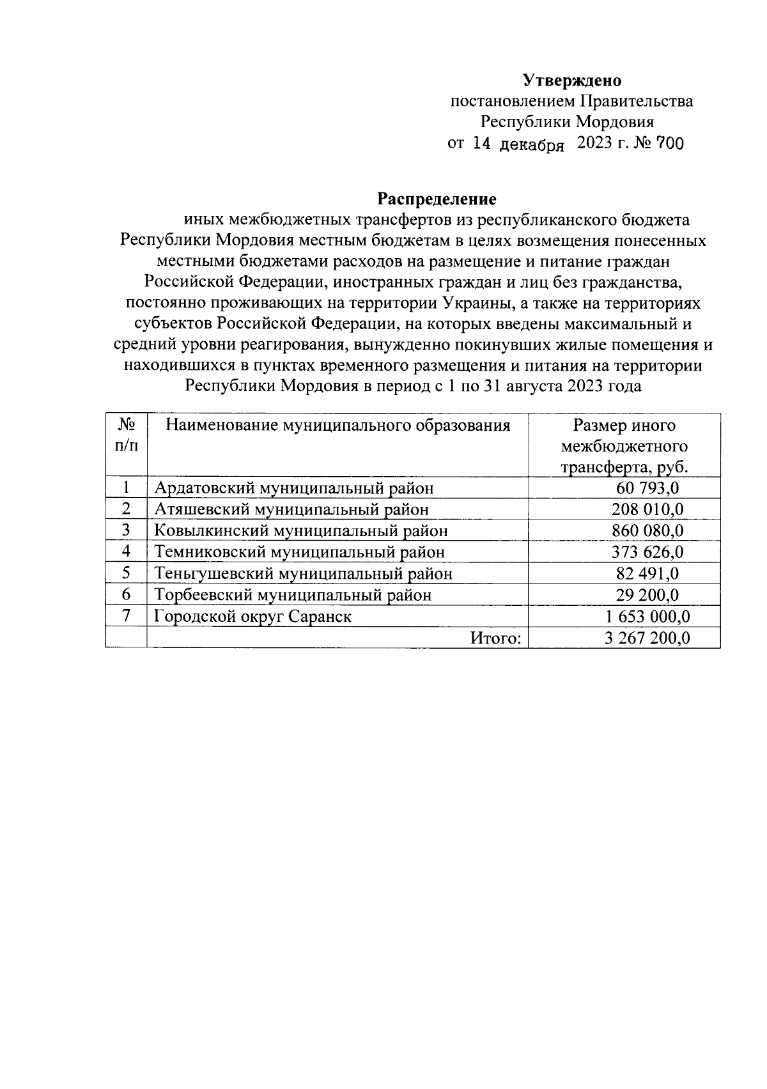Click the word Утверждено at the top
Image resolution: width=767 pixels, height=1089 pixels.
point(572,81)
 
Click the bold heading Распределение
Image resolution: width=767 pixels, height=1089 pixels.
point(437,199)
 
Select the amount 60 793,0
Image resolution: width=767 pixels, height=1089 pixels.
point(647,488)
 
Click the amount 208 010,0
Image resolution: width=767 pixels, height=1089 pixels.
point(647,509)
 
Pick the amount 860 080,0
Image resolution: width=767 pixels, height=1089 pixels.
point(647,530)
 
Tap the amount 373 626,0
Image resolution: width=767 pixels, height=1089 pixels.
point(647,552)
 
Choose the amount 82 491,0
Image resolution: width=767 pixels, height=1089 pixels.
point(647,573)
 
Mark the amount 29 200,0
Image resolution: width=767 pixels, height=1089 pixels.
point(647,595)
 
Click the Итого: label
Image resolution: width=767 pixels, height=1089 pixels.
point(496,638)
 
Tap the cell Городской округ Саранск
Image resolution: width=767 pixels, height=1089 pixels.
point(253,616)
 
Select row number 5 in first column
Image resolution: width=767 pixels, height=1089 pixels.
point(126,573)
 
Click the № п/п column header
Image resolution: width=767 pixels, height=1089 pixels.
point(126,435)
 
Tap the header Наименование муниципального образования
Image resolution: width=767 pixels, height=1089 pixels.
point(337,426)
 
